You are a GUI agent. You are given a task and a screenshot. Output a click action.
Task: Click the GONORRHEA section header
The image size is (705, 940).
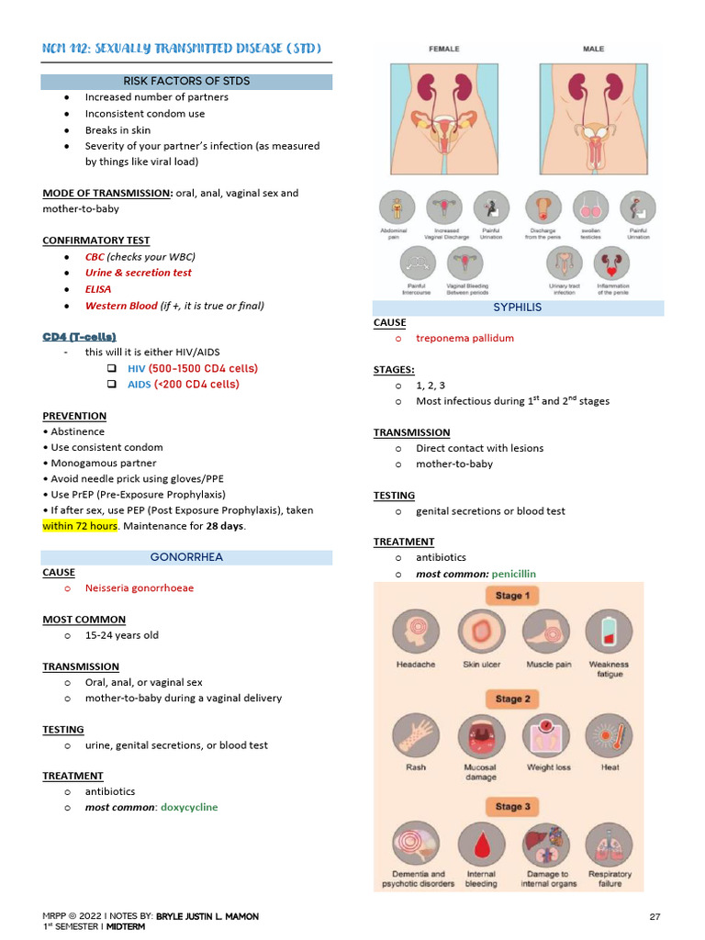pyautogui.click(x=186, y=557)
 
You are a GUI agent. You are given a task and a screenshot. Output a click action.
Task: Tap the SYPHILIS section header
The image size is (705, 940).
pyautogui.click(x=518, y=308)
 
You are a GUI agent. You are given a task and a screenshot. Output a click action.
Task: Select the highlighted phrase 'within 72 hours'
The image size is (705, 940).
pyautogui.click(x=80, y=526)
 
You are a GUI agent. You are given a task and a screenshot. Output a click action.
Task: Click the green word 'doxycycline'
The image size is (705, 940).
pyautogui.click(x=186, y=807)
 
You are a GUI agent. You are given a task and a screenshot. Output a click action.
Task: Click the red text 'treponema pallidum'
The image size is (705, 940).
pyautogui.click(x=464, y=338)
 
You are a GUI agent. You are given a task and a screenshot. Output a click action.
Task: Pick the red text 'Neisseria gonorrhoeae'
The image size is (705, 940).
pyautogui.click(x=140, y=587)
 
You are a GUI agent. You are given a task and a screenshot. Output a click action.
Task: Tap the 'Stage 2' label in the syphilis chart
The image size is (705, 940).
pyautogui.click(x=513, y=699)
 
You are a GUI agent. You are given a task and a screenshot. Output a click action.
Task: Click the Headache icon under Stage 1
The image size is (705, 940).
pyautogui.click(x=415, y=633)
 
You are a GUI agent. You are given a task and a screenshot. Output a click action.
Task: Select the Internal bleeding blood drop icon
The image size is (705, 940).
pyautogui.click(x=481, y=843)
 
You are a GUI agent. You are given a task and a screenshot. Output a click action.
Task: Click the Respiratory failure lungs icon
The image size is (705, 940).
pyautogui.click(x=610, y=843)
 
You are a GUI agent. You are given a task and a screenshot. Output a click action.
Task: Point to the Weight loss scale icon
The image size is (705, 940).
pyautogui.click(x=548, y=736)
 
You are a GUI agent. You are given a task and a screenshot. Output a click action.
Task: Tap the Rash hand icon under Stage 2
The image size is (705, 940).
pyautogui.click(x=415, y=736)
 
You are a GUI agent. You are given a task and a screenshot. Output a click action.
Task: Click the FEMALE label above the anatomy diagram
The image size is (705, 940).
pyautogui.click(x=445, y=48)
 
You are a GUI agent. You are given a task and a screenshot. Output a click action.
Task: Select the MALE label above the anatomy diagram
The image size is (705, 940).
pyautogui.click(x=594, y=48)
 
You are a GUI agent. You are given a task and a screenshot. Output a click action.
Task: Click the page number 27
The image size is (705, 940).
pyautogui.click(x=655, y=916)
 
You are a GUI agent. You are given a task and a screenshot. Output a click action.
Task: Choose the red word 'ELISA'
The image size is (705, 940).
pyautogui.click(x=98, y=288)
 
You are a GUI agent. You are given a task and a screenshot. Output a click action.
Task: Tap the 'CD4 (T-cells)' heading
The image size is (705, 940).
pyautogui.click(x=79, y=337)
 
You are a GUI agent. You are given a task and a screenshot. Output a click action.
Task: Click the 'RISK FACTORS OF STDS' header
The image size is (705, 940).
pyautogui.click(x=186, y=81)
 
